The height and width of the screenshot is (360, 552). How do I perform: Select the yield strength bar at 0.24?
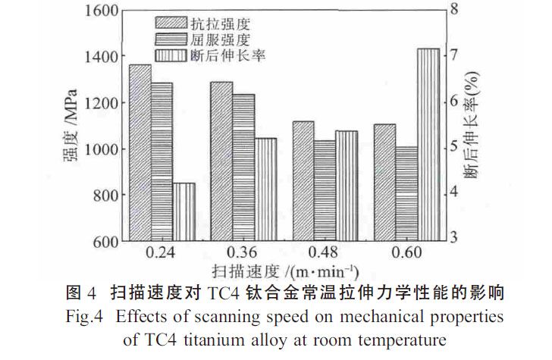[162, 162]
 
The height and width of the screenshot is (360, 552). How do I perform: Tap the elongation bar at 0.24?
[184, 212]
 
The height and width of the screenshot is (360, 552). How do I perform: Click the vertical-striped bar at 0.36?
[265, 189]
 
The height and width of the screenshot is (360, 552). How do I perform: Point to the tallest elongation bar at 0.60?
[428, 145]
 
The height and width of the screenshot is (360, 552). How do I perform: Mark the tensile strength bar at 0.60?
[384, 183]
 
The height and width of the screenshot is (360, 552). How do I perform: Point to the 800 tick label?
[99, 196]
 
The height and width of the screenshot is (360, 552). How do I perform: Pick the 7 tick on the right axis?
[455, 55]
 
